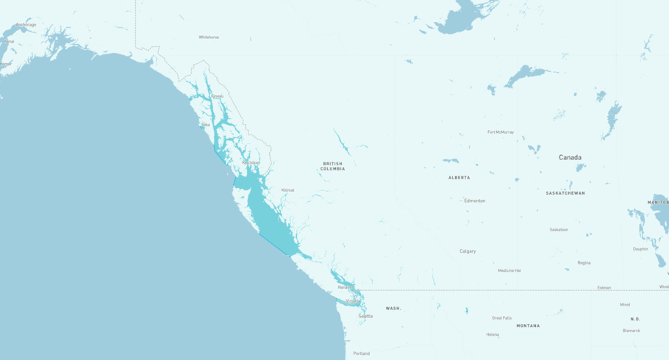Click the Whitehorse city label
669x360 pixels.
(x=209, y=37)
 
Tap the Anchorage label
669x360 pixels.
(x=26, y=25)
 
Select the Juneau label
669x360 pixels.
(x=217, y=96)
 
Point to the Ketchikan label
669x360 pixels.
(x=251, y=162)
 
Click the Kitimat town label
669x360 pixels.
(x=287, y=190)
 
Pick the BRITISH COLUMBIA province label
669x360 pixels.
(x=332, y=166)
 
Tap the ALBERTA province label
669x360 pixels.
(x=459, y=178)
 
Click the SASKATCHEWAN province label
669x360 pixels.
(x=565, y=193)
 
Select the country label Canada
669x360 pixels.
(x=570, y=157)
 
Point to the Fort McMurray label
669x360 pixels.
(x=501, y=132)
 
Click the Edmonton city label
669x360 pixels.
(x=474, y=201)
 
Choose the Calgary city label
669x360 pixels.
(x=468, y=251)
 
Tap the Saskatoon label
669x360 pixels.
(x=559, y=229)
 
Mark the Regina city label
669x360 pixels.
(x=584, y=262)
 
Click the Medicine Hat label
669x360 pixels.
(x=509, y=270)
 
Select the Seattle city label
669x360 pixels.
(x=365, y=317)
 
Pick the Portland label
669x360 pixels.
(x=361, y=353)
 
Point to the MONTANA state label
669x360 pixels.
(x=527, y=325)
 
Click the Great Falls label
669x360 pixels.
(x=501, y=318)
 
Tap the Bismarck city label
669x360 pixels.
(x=632, y=331)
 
